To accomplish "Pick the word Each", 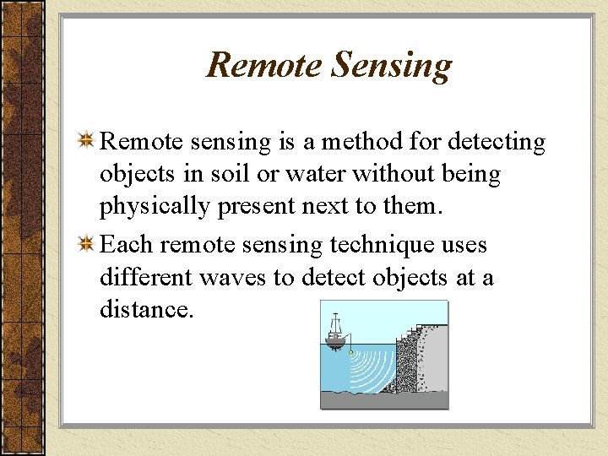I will tap(127, 245).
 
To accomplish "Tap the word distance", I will tap(145, 310).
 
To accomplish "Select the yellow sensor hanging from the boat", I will tap(350, 352).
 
